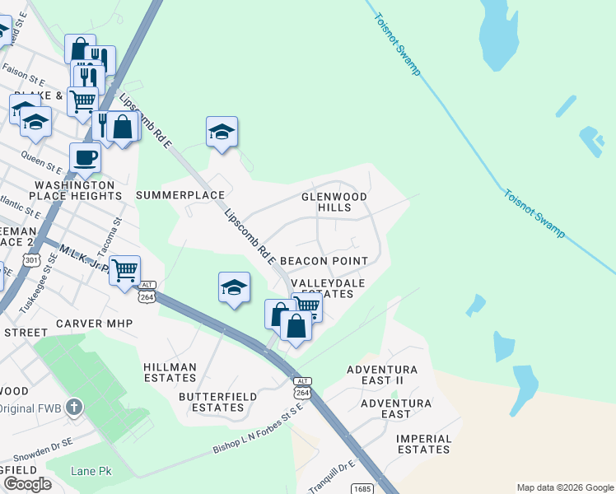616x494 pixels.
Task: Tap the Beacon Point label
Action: [324, 260]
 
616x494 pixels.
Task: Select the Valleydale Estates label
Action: [328, 287]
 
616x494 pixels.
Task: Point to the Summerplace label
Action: [180, 195]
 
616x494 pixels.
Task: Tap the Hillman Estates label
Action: [170, 372]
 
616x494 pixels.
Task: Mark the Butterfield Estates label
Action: [217, 402]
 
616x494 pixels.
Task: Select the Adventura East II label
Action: [382, 375]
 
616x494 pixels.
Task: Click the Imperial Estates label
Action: [423, 444]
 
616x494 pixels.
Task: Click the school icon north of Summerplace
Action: [222, 132]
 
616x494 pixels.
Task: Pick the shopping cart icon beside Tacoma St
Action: [124, 269]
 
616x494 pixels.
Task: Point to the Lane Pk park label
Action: [91, 471]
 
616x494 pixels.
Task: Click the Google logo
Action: [27, 483]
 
